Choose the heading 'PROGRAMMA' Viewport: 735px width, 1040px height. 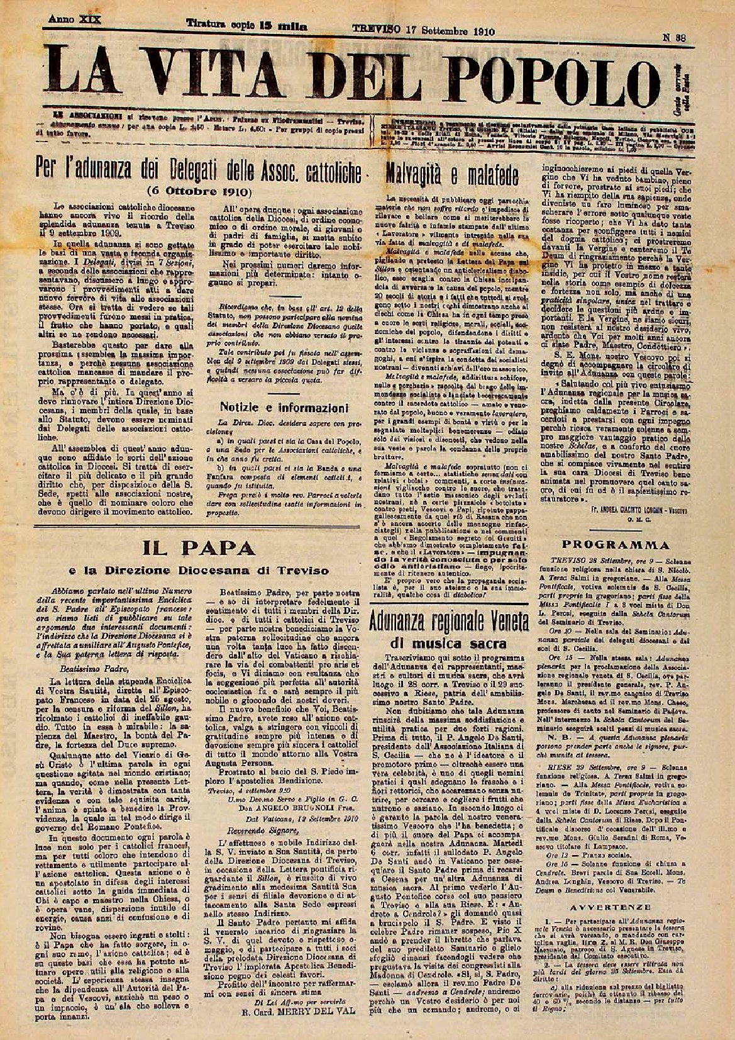pos(616,544)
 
